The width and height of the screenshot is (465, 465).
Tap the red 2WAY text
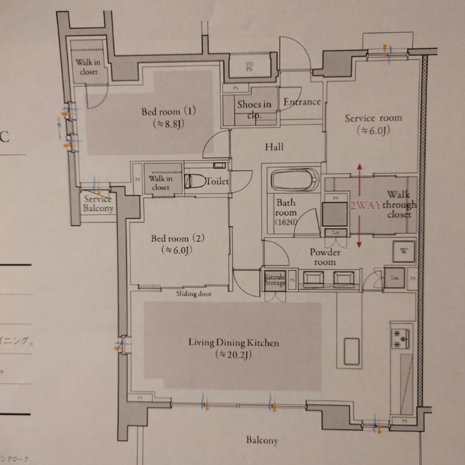tap(365, 205)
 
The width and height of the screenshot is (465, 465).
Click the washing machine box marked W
tap(403, 251)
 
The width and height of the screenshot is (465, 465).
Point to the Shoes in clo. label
tap(254, 109)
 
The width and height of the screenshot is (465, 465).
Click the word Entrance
tap(302, 102)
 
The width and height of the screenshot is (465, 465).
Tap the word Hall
tap(274, 147)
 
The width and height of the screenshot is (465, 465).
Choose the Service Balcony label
tap(98, 204)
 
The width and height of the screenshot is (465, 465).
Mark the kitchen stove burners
tap(400, 338)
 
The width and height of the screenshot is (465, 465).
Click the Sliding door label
tap(194, 294)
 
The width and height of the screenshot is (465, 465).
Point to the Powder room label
tap(325, 257)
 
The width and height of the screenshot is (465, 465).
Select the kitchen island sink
tap(351, 351)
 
